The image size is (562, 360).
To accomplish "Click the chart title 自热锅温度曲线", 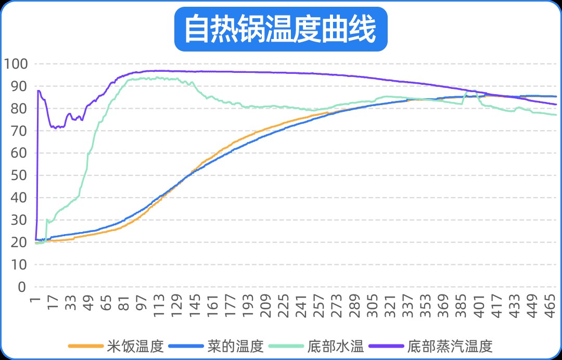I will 280,29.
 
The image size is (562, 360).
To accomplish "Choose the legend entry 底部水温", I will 336,345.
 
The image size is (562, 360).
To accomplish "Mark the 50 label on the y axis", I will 19,176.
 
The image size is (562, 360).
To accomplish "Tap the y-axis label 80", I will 19,109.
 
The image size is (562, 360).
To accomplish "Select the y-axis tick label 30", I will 19,221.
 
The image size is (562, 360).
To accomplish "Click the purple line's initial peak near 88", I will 39,91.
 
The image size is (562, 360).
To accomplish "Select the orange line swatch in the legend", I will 86,345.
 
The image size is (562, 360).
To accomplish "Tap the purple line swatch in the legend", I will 386,345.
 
